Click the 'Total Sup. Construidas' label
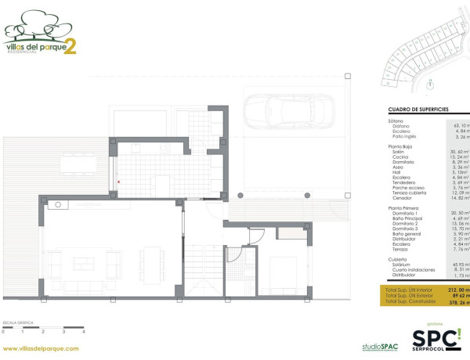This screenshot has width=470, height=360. point(411,302)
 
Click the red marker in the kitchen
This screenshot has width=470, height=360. point(118,182)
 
